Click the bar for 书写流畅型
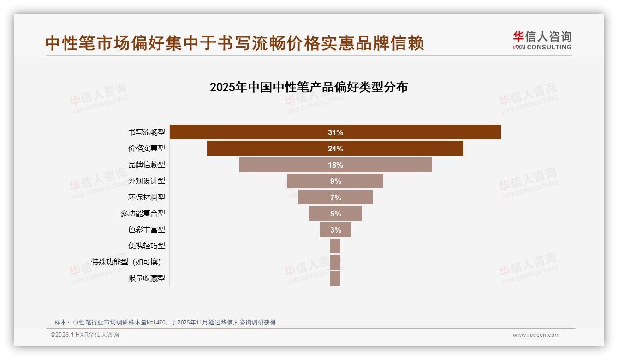[415, 132]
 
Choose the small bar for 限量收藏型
[335, 278]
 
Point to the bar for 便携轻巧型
[335, 246]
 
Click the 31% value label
[335, 132]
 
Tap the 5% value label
[335, 214]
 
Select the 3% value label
[335, 230]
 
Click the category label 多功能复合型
[143, 214]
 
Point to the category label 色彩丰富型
[147, 230]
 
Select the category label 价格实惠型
[147, 149]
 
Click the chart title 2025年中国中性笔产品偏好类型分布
[309, 87]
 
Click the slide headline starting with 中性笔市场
[234, 43]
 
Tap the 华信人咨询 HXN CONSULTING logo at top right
[542, 41]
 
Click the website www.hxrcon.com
[536, 335]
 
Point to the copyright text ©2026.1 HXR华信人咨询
[85, 335]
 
